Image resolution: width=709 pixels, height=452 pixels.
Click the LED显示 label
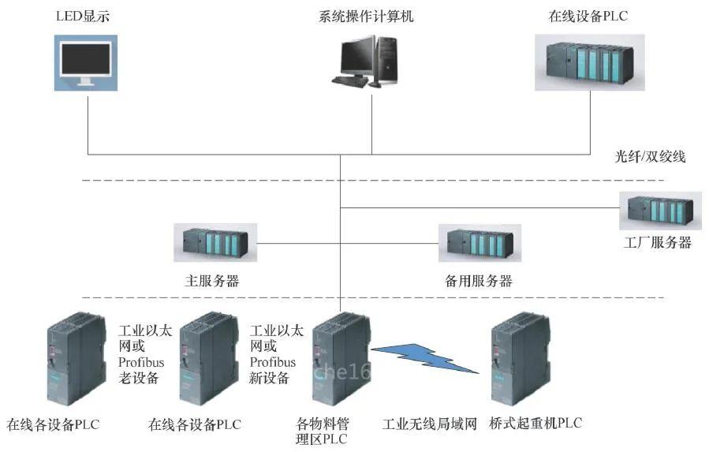tap(86, 16)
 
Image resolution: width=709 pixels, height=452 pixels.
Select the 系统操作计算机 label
tap(371, 16)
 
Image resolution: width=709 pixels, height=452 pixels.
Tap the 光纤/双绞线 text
tap(651, 156)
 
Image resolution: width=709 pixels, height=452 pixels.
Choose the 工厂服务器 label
tap(658, 243)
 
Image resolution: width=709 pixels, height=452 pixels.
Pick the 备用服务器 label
tap(479, 281)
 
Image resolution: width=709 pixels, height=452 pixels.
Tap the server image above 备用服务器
tap(479, 243)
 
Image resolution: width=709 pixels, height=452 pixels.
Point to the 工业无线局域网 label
tap(430, 424)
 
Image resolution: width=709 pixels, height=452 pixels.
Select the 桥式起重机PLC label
tap(535, 424)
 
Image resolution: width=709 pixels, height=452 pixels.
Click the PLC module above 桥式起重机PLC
tap(519, 359)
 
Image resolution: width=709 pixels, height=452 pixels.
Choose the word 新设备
tap(270, 378)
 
